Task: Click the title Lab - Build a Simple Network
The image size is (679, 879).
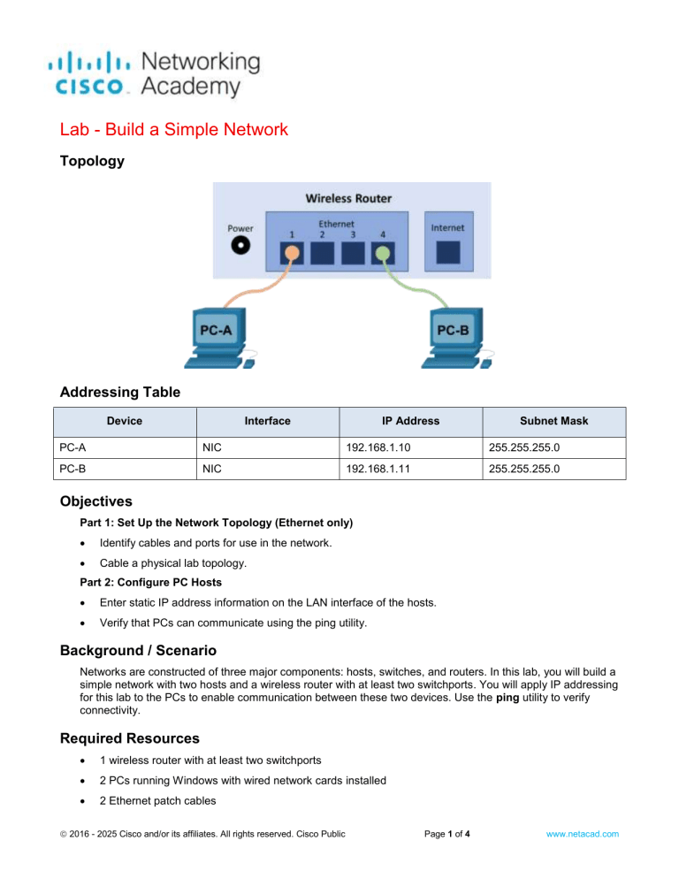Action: pyautogui.click(x=173, y=130)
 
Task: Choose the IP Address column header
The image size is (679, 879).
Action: pyautogui.click(x=410, y=421)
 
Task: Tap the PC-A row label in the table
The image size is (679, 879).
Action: pyautogui.click(x=75, y=449)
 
